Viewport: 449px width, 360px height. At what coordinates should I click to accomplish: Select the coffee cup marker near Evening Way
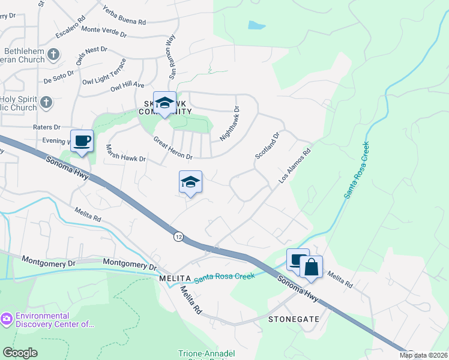82,142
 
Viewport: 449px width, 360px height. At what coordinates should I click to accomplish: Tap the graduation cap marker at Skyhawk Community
164,103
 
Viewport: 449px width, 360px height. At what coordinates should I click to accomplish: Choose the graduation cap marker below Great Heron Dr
190,182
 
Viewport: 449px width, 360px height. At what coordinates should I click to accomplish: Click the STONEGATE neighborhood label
294,319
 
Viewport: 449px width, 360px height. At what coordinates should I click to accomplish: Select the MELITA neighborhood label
175,279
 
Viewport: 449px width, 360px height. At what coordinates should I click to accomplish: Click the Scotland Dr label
268,146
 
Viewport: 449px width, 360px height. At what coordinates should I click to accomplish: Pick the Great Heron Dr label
172,149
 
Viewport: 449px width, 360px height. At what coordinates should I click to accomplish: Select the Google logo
20,353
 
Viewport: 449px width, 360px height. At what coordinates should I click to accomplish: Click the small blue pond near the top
256,25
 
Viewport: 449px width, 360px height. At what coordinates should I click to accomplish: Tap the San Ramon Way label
171,56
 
